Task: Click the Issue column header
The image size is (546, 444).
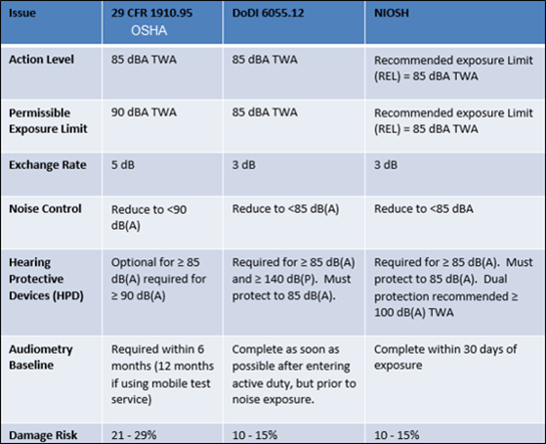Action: click(x=22, y=13)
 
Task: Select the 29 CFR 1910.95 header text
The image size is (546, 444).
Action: click(x=151, y=13)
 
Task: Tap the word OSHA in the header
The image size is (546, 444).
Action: click(x=149, y=30)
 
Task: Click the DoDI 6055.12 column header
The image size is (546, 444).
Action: click(x=269, y=13)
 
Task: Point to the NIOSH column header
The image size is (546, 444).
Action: click(x=392, y=13)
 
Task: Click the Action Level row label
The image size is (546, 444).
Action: click(x=41, y=60)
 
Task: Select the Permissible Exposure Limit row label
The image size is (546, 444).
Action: click(x=48, y=120)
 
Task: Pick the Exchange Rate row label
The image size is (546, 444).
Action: click(x=48, y=164)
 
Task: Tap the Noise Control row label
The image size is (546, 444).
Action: click(x=45, y=208)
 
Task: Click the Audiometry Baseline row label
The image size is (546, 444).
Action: click(x=41, y=357)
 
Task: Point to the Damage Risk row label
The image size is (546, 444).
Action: click(x=43, y=435)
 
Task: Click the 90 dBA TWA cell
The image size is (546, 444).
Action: click(x=144, y=112)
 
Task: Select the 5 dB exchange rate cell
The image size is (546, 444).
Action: click(x=123, y=164)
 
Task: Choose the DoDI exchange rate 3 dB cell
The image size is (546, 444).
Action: click(x=244, y=164)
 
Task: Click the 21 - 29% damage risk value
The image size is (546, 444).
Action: click(x=134, y=435)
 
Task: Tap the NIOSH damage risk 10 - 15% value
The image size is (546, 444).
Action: click(x=397, y=435)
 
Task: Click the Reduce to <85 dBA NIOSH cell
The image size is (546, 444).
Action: click(x=424, y=208)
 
